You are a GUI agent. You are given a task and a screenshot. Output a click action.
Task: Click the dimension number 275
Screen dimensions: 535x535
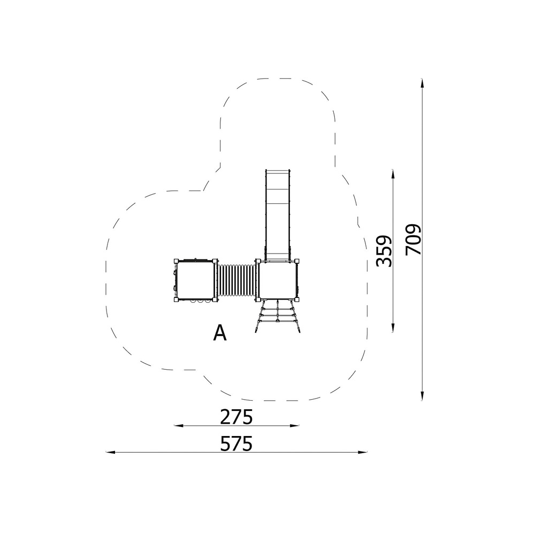pyautogui.click(x=236, y=416)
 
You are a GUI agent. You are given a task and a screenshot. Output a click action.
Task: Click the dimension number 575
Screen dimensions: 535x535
pyautogui.click(x=236, y=443)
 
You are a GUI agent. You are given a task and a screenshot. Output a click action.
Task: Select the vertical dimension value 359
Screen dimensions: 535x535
pyautogui.click(x=384, y=251)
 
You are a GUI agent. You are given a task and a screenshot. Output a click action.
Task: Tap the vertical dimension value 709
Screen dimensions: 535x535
pyautogui.click(x=414, y=240)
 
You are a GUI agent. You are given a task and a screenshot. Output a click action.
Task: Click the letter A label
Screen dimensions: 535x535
pyautogui.click(x=220, y=333)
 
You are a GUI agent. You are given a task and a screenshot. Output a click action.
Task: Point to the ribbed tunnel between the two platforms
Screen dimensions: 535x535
pyautogui.click(x=236, y=280)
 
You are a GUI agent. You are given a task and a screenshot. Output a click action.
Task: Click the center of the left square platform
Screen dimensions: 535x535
pyautogui.click(x=195, y=280)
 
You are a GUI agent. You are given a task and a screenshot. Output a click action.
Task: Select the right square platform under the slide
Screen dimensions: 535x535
pyautogui.click(x=278, y=280)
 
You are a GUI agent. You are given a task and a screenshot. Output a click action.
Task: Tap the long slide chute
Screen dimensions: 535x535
pyautogui.click(x=277, y=215)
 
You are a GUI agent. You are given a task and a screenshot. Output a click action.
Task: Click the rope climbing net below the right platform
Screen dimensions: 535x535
pyautogui.click(x=278, y=316)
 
